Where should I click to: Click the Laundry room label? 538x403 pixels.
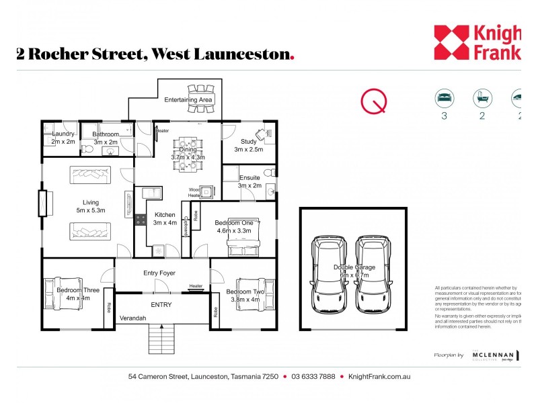coord(63,134)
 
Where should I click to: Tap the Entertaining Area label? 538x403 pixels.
coord(188,100)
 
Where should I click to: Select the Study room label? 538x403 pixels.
coord(249,141)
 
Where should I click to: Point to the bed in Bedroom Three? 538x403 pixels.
coord(63,294)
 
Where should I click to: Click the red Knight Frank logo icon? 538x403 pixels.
coord(451,42)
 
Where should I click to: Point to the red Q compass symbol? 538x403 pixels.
coord(374,101)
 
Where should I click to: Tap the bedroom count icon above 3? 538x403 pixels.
coord(444,98)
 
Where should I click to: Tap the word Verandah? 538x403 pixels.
coord(133,318)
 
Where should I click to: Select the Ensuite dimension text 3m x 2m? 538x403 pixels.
coord(249,185)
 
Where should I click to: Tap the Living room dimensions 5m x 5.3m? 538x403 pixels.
coord(91,210)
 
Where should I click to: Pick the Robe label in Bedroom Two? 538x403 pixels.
coord(215,312)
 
